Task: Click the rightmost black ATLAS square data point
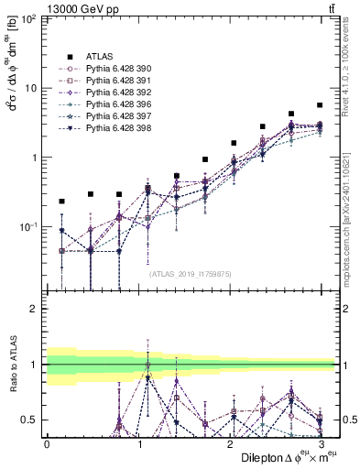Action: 319,105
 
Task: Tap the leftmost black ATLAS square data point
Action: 61,201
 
